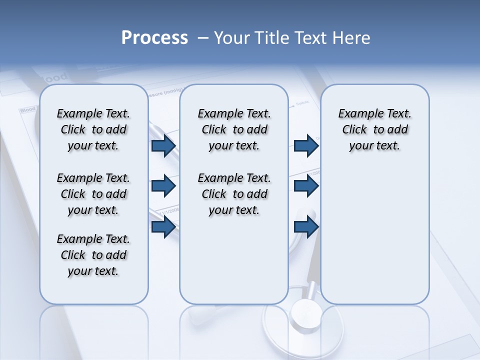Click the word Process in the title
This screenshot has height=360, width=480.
click(154, 38)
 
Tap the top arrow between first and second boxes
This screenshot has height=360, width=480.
click(163, 146)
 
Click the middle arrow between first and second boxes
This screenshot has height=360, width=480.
click(163, 186)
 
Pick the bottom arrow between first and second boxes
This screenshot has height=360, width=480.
click(163, 226)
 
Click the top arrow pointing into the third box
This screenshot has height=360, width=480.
click(306, 146)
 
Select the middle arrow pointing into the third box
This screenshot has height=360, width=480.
click(306, 186)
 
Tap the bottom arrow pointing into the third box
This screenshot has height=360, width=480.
click(306, 226)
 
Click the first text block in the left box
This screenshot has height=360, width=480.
click(93, 129)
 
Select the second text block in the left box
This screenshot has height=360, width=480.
click(93, 194)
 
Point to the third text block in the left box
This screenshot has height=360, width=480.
click(93, 255)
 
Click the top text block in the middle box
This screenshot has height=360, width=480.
click(234, 129)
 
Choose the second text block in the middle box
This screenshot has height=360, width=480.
click(234, 194)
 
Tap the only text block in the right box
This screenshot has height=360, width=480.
click(374, 129)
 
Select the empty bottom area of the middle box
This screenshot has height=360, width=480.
click(234, 265)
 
